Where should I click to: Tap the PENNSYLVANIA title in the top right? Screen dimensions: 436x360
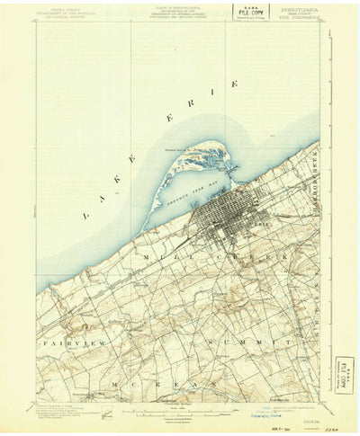pos(295,6)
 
